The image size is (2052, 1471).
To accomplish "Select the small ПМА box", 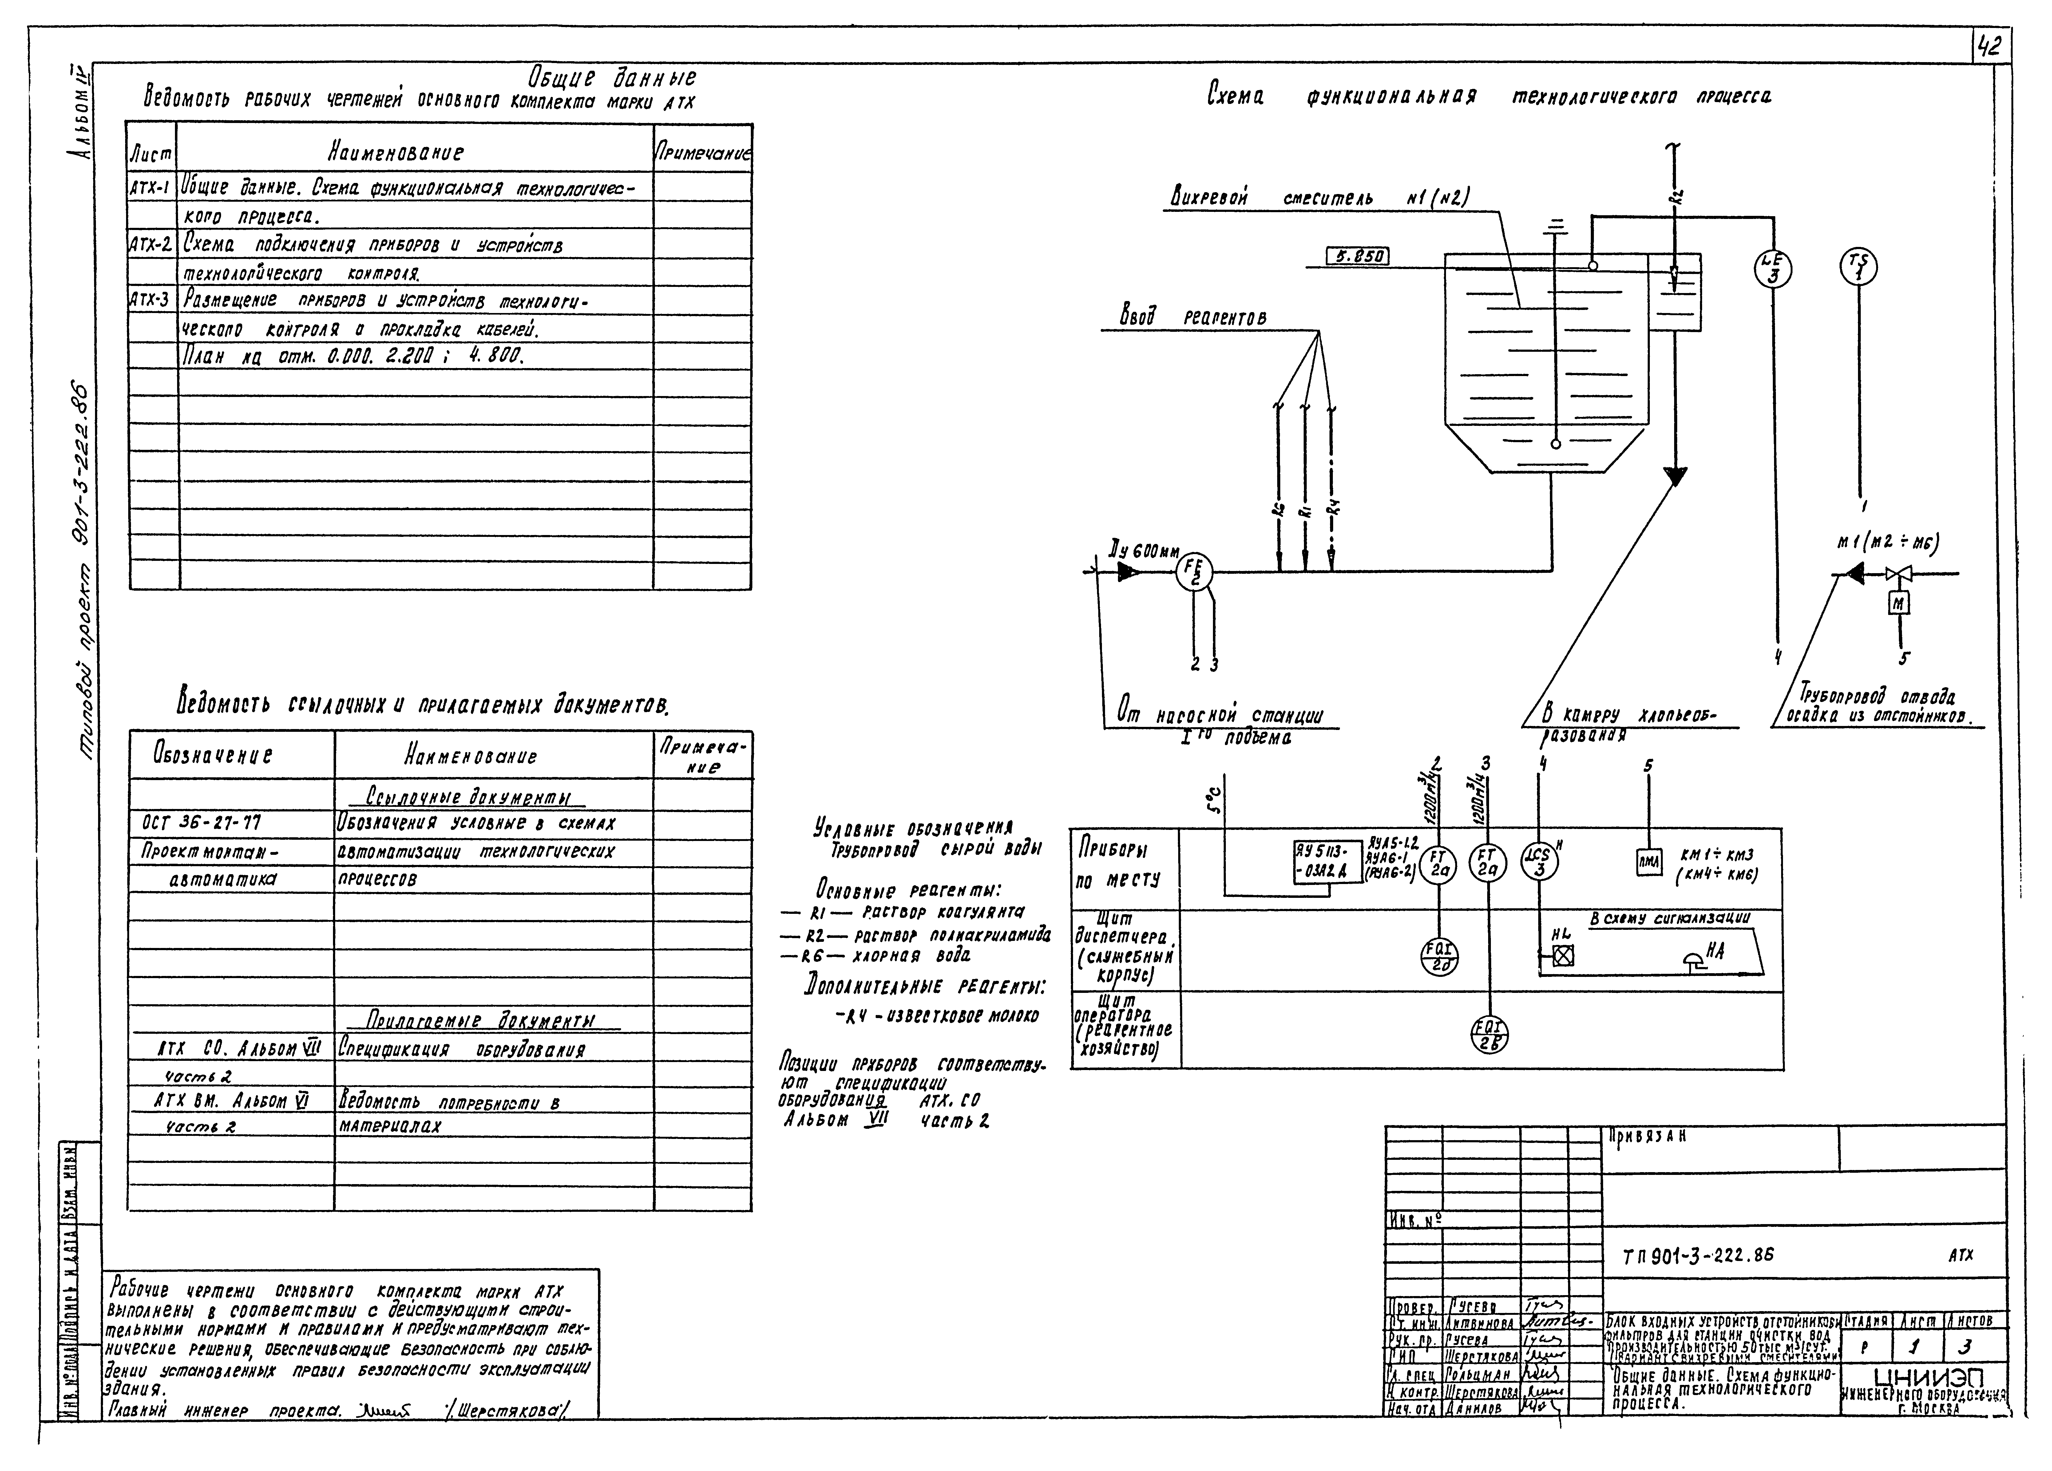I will (1649, 862).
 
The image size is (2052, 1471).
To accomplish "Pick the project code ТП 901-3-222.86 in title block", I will (1698, 1255).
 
